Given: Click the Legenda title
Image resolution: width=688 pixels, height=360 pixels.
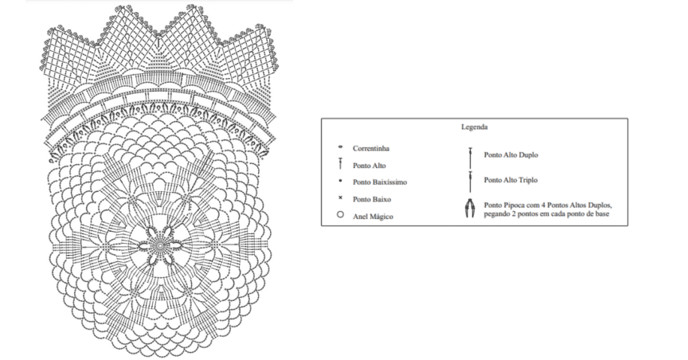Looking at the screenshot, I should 474,126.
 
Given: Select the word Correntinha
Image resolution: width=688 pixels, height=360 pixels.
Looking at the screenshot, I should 371,148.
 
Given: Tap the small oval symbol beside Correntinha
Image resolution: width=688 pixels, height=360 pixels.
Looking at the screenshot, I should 341,147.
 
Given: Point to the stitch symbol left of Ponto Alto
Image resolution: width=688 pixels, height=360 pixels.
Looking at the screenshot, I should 341,165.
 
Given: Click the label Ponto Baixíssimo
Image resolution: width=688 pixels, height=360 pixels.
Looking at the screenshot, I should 380,182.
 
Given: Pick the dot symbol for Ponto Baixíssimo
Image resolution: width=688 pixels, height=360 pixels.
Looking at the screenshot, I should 341,181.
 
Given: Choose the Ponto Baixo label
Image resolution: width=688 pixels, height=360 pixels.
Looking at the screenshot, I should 372,199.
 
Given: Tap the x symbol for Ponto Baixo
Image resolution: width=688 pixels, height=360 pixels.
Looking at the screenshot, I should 341,198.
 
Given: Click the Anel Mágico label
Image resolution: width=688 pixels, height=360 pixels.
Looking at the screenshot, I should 373,216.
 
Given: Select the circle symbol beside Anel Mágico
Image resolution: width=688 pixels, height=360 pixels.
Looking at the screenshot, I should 341,216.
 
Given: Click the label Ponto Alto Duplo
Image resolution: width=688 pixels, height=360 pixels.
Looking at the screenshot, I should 511,155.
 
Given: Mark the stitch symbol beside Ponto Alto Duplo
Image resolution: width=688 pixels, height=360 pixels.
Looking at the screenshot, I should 470,156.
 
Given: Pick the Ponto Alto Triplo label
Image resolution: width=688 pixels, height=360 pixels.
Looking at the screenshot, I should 511,180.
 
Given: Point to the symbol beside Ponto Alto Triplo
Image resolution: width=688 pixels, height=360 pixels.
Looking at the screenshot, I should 470,180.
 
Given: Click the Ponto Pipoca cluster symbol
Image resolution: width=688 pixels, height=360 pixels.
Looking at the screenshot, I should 470,209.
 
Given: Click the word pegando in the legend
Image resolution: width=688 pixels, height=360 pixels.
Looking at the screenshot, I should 497,214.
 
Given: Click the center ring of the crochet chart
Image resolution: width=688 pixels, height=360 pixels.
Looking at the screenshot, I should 160,246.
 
